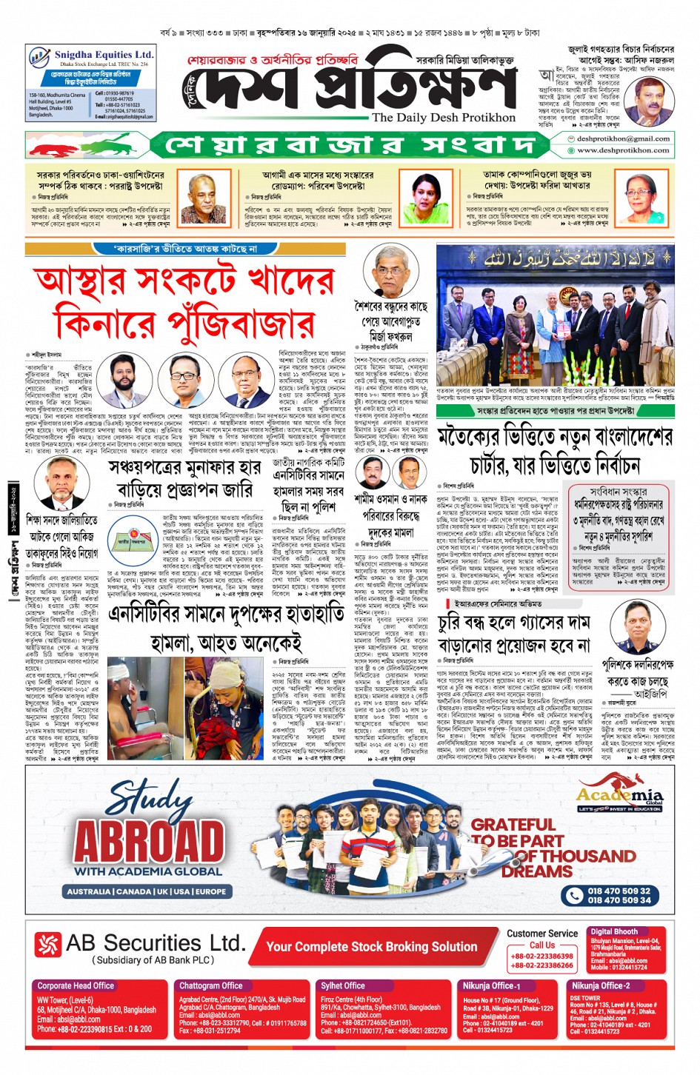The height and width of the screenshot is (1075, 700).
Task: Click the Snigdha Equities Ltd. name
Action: (x=104, y=55)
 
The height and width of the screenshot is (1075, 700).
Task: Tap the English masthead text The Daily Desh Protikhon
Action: (x=443, y=117)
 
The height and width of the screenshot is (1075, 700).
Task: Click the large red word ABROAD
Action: (x=149, y=841)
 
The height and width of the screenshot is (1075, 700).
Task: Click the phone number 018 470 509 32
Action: (x=619, y=891)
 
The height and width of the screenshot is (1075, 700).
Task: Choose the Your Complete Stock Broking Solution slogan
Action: (x=371, y=946)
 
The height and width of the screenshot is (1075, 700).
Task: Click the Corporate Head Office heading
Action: (x=76, y=985)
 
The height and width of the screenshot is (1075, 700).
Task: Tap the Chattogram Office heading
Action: (x=210, y=985)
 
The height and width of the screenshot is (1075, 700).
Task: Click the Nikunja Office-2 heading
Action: (x=600, y=985)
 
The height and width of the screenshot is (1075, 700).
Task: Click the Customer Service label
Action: (x=542, y=933)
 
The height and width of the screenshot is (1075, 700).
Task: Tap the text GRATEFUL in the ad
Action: (x=513, y=824)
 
